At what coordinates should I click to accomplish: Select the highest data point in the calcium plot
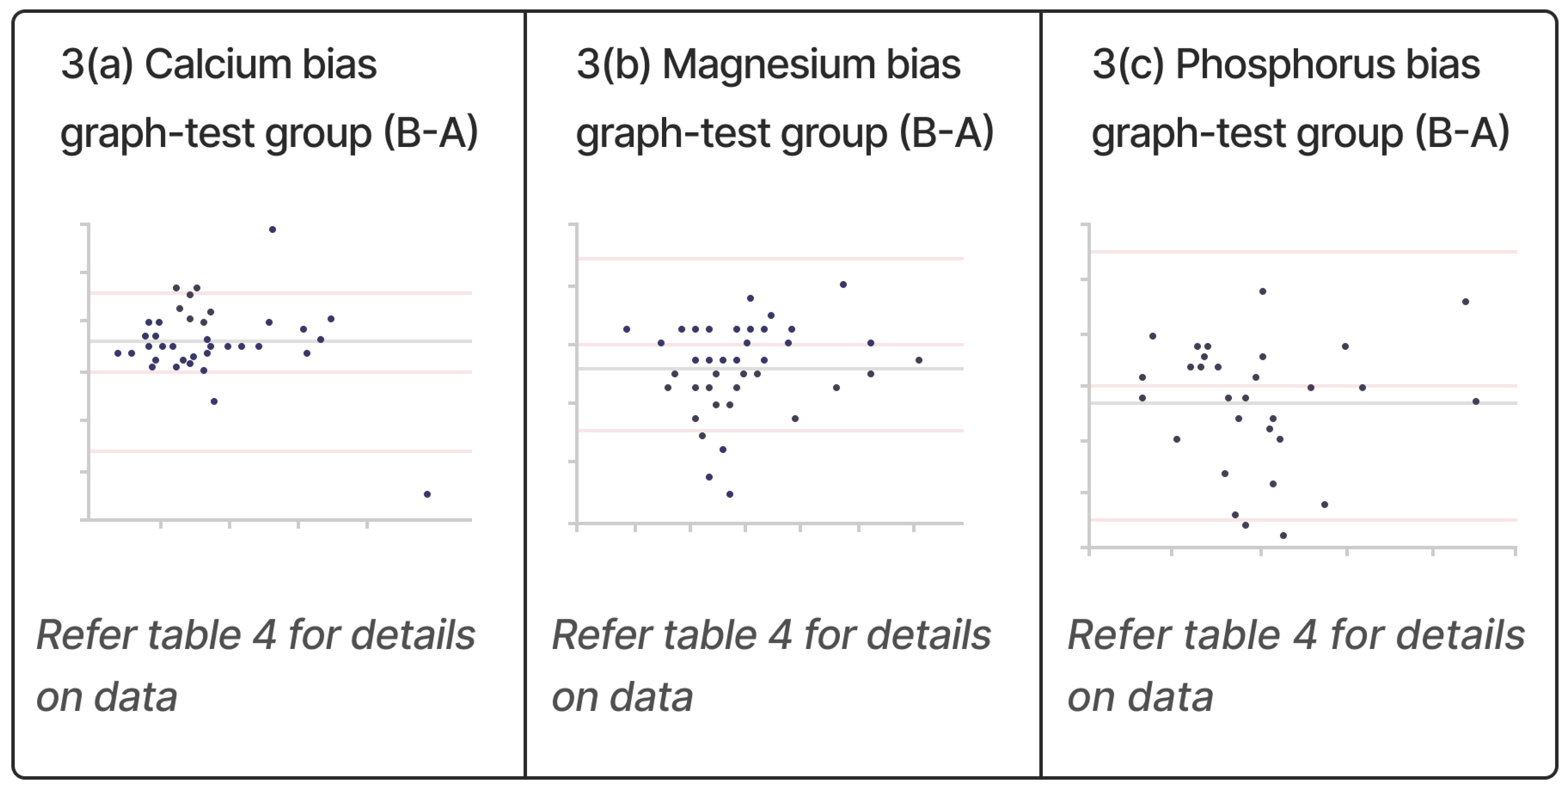pos(272,229)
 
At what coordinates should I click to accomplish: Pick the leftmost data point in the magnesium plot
pos(627,329)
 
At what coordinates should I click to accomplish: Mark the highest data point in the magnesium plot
pos(843,284)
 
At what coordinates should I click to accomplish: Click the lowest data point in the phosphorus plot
pos(1284,536)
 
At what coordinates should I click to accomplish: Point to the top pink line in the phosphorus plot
pos(1302,251)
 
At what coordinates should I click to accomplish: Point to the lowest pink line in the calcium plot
pos(280,451)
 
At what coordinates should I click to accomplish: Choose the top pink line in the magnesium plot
pos(769,259)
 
